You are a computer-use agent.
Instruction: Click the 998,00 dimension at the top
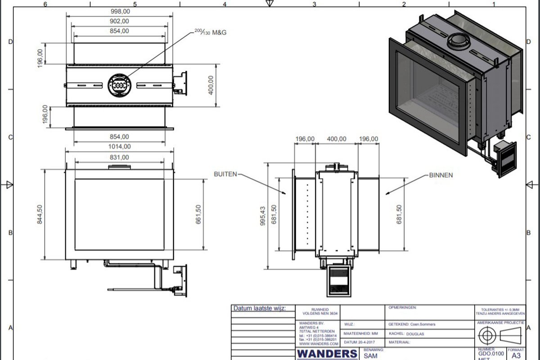click(x=120, y=11)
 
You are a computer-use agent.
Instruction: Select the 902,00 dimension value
click(x=120, y=21)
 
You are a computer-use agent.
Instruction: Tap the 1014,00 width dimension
click(x=119, y=146)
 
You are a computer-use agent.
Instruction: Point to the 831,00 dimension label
click(x=119, y=157)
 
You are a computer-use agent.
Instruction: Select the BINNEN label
click(x=441, y=175)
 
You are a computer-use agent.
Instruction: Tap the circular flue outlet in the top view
click(x=120, y=85)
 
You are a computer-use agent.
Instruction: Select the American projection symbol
click(x=499, y=336)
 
